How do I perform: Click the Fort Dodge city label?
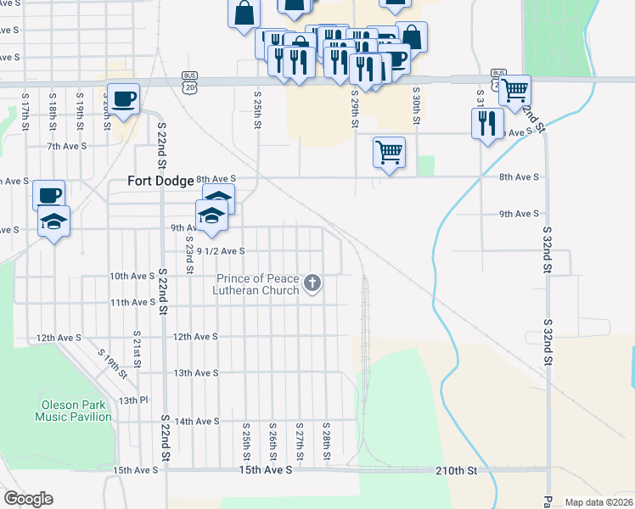pos(160,180)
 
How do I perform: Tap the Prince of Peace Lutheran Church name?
pos(258,285)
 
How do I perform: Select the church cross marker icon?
pos(312,282)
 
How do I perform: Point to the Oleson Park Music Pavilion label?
pos(73,411)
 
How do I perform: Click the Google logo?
pos(28,498)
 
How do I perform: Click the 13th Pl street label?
pos(133,400)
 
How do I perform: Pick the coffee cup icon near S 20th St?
pos(123,98)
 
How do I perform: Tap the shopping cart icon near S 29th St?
pos(388,153)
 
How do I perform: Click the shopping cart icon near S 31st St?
pos(514,89)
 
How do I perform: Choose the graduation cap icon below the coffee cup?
pos(53,221)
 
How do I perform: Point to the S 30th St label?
pos(417,105)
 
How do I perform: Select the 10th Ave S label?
pos(132,276)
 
